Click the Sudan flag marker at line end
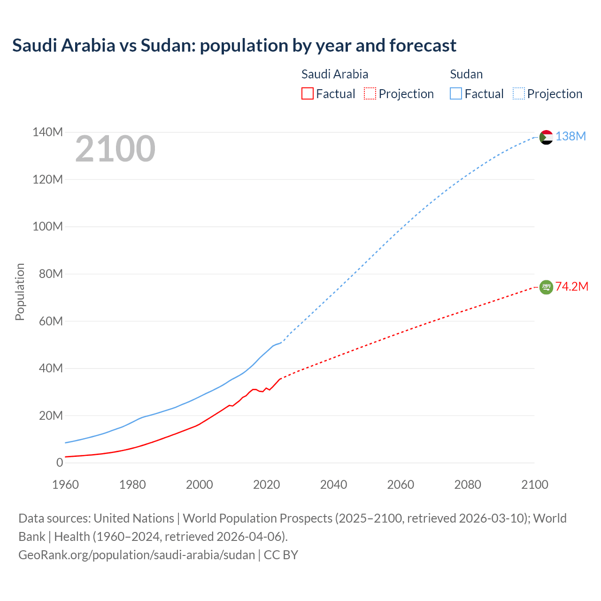point(546,137)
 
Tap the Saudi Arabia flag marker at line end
point(546,287)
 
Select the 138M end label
point(570,136)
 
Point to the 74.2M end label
point(571,286)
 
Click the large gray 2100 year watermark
point(115,149)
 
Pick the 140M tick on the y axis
point(47,132)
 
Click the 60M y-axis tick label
point(51,321)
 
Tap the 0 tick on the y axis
point(60,462)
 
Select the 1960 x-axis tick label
point(65,485)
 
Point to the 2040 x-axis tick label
point(333,485)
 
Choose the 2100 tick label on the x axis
point(535,485)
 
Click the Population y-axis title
point(20,292)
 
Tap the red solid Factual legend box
point(308,94)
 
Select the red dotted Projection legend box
point(370,94)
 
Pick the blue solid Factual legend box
point(456,94)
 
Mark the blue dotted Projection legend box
point(518,94)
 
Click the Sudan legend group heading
point(466,74)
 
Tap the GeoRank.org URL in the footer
point(137,555)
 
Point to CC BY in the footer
point(281,555)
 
